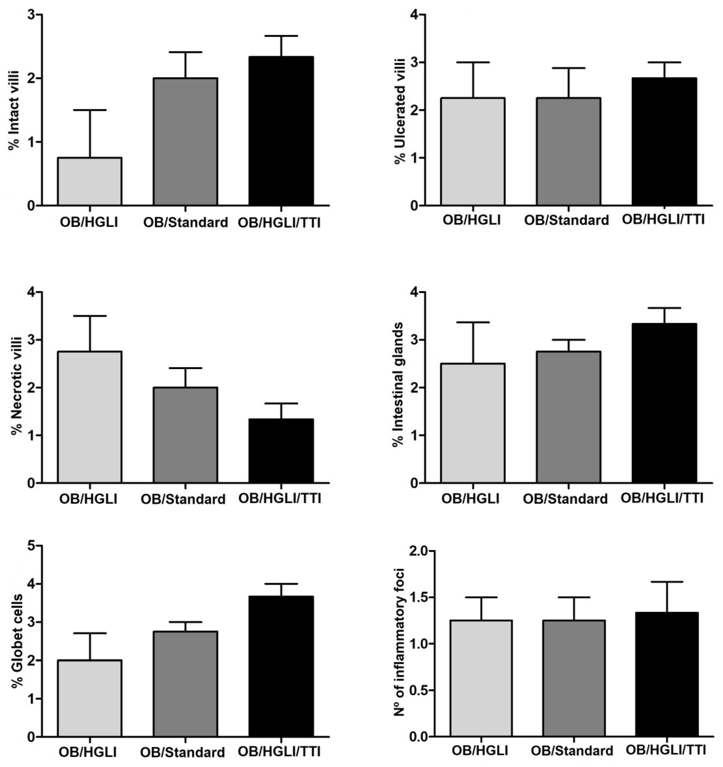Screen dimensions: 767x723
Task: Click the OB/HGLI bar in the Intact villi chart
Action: click(89, 181)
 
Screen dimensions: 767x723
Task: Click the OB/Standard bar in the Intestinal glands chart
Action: click(568, 417)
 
